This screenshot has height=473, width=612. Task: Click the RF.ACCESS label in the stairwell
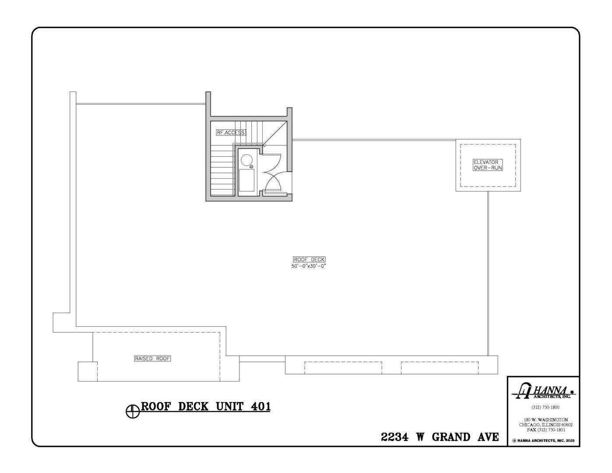(231, 132)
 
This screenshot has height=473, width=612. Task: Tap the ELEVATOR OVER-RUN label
(488, 165)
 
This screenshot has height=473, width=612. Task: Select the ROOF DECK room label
(309, 259)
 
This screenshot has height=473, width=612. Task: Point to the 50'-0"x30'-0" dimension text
(309, 266)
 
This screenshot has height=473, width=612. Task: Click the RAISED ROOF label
(152, 358)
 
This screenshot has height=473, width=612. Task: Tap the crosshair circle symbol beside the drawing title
(132, 411)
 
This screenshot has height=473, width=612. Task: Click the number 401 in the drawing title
(260, 406)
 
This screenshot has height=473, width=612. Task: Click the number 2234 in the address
(395, 437)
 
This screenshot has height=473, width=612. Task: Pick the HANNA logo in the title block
(543, 391)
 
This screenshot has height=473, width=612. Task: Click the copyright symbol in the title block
(514, 441)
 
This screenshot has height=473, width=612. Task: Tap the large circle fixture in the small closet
(246, 160)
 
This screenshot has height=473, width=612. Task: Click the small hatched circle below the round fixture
(251, 167)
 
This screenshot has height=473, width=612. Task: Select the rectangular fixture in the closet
(246, 180)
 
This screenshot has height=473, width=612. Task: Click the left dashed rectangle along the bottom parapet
(343, 367)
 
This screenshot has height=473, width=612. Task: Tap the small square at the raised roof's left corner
(87, 371)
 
